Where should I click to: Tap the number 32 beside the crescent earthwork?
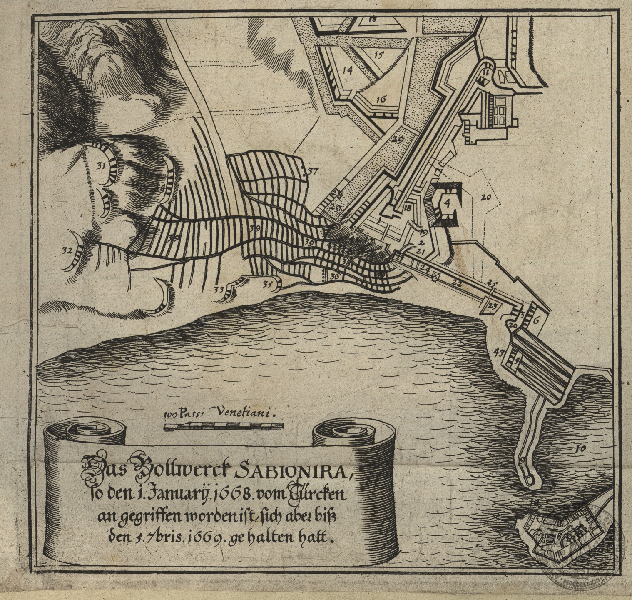[67, 251]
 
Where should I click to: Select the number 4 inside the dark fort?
[447, 203]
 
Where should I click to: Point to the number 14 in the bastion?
[347, 70]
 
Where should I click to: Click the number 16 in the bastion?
[381, 99]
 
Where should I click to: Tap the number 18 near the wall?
[407, 208]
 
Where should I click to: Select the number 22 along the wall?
[457, 283]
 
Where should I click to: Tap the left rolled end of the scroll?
[85, 434]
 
